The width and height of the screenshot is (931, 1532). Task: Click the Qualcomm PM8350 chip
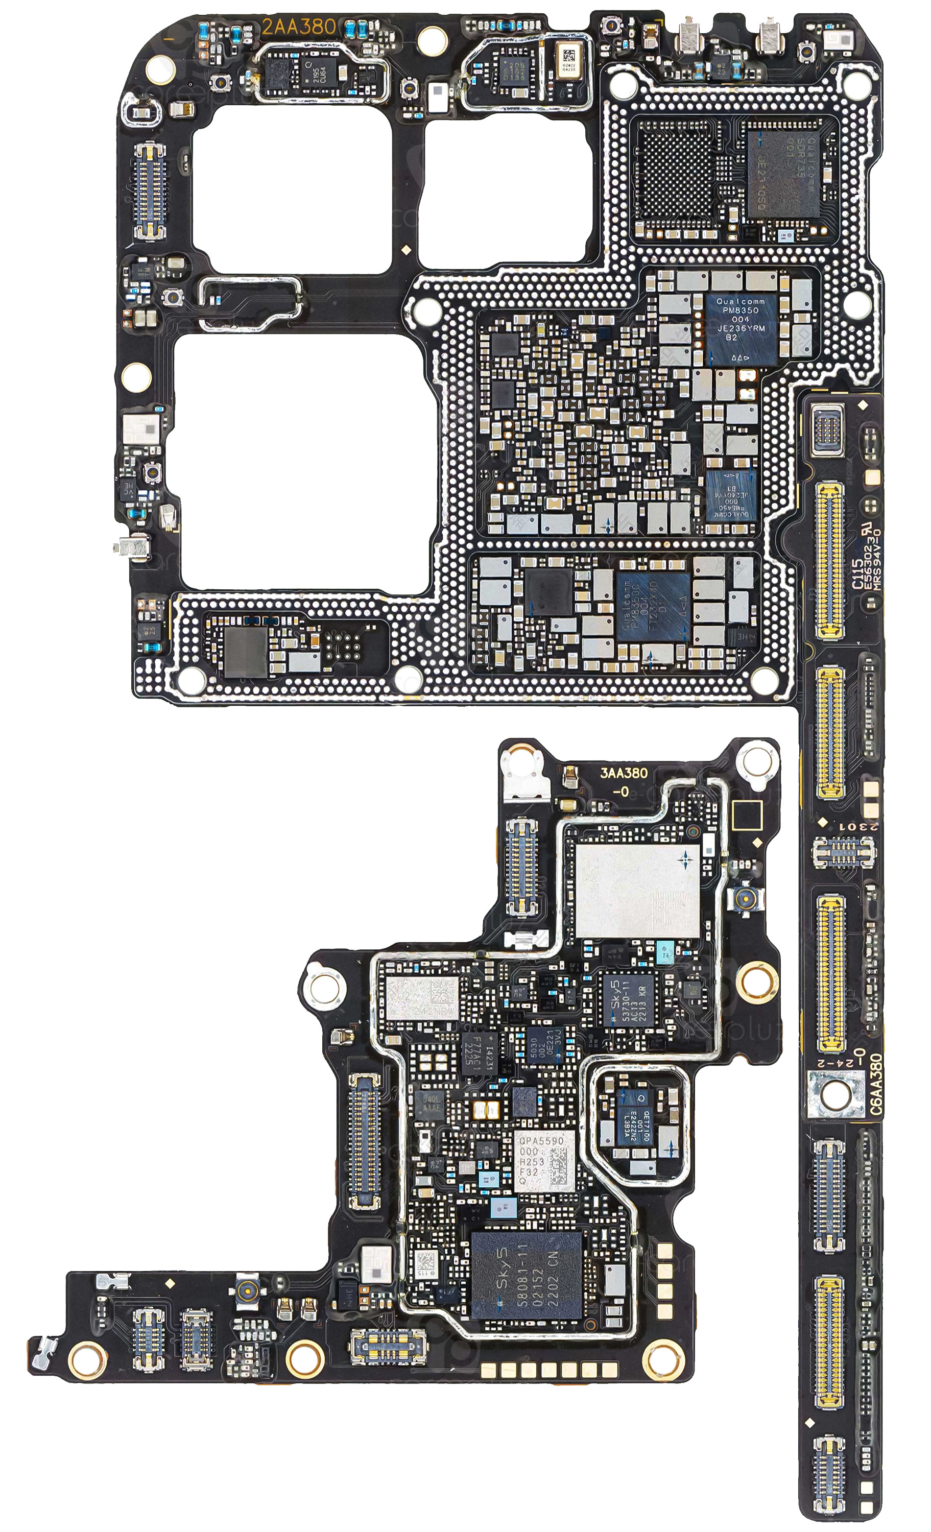(740, 329)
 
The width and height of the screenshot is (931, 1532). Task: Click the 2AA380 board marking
(299, 27)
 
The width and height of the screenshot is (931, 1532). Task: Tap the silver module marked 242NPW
(422, 997)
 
